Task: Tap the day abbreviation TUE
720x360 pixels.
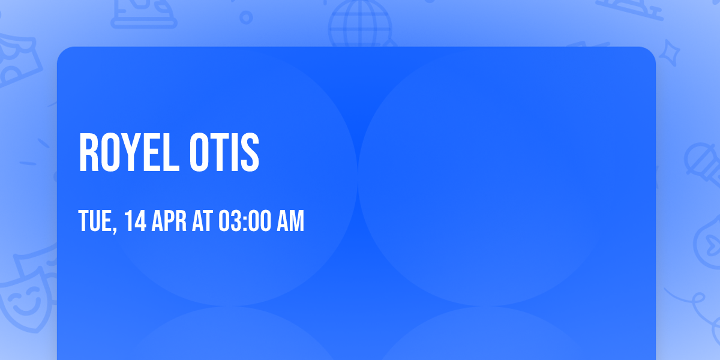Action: tap(95, 221)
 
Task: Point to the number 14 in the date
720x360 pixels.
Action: tap(136, 221)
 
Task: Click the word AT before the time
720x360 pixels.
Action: tap(202, 221)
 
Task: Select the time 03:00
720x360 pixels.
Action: tap(244, 221)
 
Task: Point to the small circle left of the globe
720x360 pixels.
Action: tap(246, 17)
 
